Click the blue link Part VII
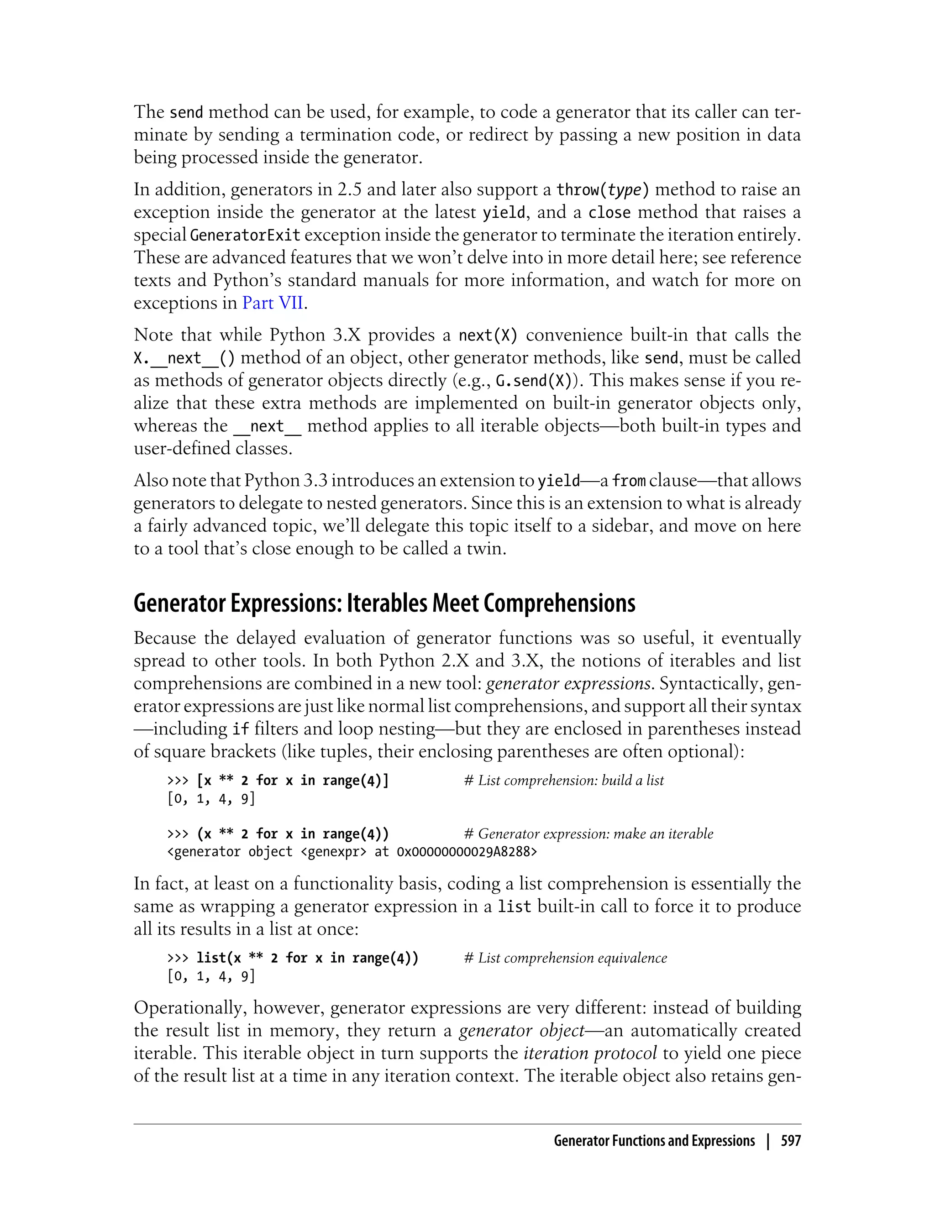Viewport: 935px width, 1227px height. tap(273, 303)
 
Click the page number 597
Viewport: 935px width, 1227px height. tap(790, 1141)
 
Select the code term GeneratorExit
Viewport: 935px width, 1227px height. tap(245, 235)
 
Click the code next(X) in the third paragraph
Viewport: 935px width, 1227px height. tap(488, 336)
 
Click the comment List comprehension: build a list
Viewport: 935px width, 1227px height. tap(563, 781)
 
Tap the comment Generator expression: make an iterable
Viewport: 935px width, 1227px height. tap(588, 834)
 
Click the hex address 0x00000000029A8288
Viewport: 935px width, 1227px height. tap(467, 852)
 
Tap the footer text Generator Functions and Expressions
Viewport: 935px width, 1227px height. tap(654, 1141)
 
